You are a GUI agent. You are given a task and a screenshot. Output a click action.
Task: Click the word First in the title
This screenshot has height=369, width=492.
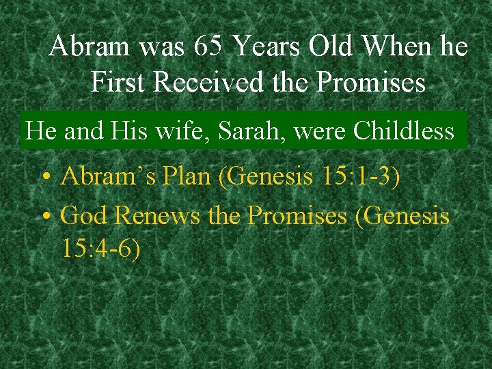(x=120, y=83)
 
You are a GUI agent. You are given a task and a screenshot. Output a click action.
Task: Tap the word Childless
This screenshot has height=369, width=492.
(x=404, y=130)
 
